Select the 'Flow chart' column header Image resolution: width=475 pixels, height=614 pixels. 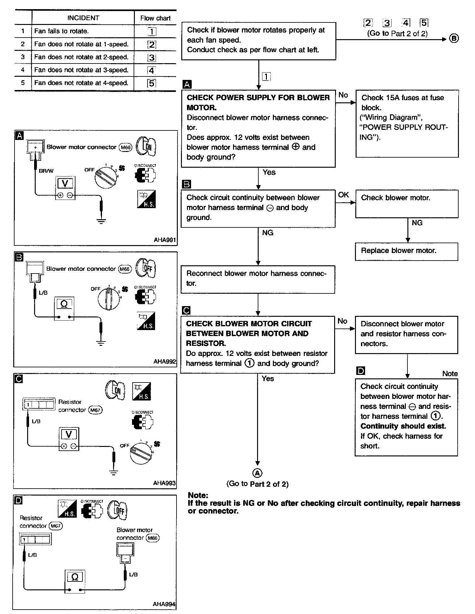[155, 18]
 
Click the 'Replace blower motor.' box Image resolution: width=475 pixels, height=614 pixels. [406, 251]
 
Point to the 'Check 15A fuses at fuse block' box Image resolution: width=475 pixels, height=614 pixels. [407, 123]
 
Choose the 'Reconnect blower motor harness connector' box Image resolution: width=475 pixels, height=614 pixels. [258, 279]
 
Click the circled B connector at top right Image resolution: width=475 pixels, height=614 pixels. [454, 39]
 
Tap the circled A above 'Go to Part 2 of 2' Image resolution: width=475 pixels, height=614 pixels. [258, 473]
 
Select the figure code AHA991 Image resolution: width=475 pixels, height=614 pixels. [165, 240]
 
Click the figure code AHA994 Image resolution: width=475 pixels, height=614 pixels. [164, 604]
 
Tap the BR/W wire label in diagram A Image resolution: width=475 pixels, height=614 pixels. [46, 171]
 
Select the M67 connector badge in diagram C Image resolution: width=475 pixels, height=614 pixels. [95, 410]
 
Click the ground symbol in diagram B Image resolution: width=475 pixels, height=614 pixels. [101, 343]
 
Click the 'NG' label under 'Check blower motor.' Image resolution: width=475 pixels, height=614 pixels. [417, 223]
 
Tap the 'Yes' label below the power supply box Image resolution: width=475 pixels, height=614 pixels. [269, 172]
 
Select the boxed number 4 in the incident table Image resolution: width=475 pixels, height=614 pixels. [152, 70]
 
